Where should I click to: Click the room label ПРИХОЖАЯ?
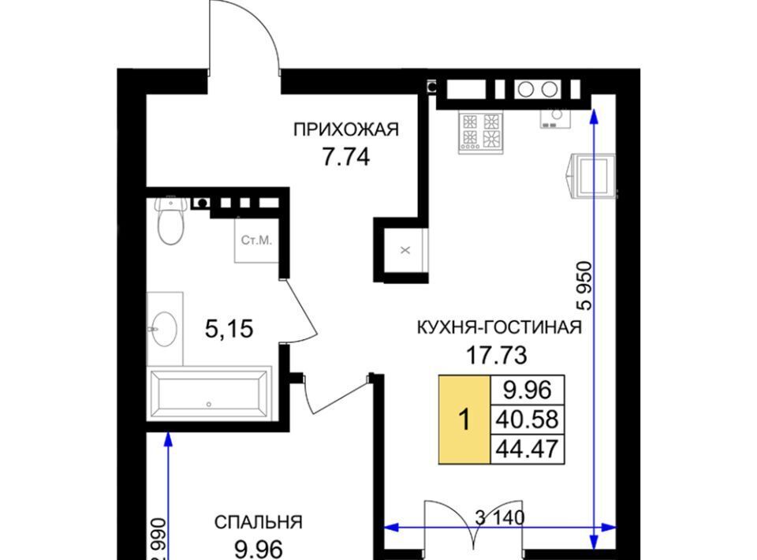coord(346,129)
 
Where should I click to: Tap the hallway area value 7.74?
coord(346,157)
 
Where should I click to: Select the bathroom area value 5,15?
coord(229,329)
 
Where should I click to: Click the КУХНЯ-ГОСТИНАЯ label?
coord(499,327)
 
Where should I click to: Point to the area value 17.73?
coord(496,356)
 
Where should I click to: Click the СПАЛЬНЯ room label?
coord(259,522)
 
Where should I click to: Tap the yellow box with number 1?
coord(464,420)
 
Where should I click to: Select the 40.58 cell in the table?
coord(528,419)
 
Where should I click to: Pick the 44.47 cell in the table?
coord(528,449)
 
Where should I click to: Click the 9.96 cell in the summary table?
coord(528,390)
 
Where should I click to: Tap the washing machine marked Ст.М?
coord(257,240)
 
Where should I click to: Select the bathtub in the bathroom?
coord(209,394)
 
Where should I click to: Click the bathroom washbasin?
coord(165,328)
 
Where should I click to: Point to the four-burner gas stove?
coord(480,133)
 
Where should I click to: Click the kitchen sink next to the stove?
coord(556,118)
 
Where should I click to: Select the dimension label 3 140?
coord(500,518)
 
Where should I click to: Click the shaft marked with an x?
coord(405,250)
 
